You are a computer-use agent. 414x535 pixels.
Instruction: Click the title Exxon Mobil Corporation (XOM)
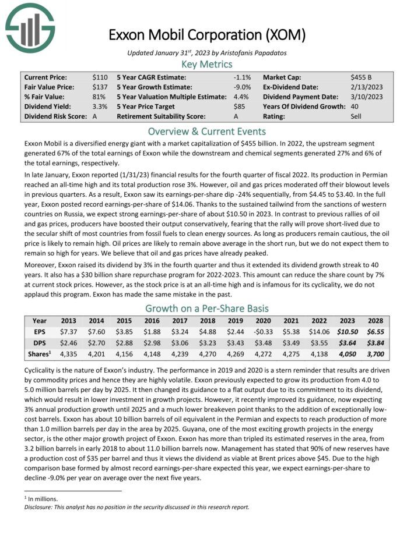(207, 35)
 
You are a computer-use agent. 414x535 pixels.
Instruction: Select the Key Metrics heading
(207, 64)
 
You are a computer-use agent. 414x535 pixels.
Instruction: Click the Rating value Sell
(357, 116)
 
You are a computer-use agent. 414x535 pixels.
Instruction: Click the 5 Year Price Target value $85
(240, 107)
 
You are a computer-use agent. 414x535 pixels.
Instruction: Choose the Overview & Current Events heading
(207, 131)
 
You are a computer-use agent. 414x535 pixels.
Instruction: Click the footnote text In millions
(44, 499)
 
